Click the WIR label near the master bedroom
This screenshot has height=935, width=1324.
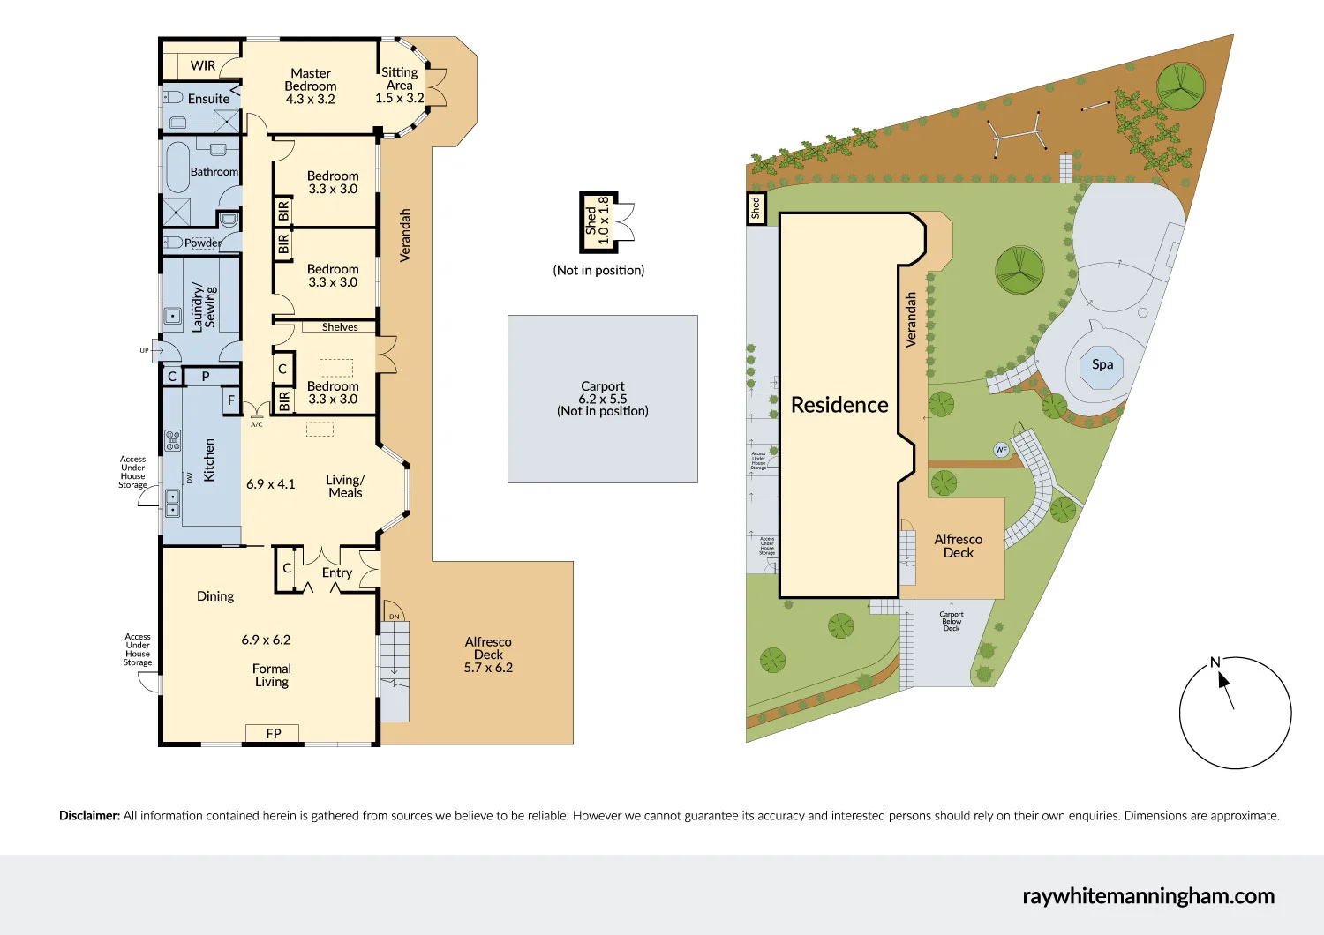pyautogui.click(x=202, y=65)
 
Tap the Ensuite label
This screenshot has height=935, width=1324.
pyautogui.click(x=208, y=99)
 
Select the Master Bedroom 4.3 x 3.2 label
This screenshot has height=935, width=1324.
pyautogui.click(x=311, y=86)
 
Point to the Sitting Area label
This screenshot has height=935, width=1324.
pyautogui.click(x=400, y=85)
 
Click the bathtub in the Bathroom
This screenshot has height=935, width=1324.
pyautogui.click(x=177, y=167)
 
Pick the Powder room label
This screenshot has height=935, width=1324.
pyautogui.click(x=203, y=243)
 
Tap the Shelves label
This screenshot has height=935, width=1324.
pyautogui.click(x=340, y=327)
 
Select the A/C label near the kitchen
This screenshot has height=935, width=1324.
pyautogui.click(x=256, y=424)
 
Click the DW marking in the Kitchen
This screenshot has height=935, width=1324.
pyautogui.click(x=189, y=477)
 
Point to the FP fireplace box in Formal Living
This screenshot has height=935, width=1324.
pyautogui.click(x=274, y=733)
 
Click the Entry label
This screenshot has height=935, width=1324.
pyautogui.click(x=337, y=572)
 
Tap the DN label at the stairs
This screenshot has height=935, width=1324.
pyautogui.click(x=395, y=617)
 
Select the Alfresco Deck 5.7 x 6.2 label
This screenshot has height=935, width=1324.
pyautogui.click(x=488, y=654)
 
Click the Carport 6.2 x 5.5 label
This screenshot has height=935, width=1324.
pyautogui.click(x=603, y=399)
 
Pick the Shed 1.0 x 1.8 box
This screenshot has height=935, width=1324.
pyautogui.click(x=598, y=221)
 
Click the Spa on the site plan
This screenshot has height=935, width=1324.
pyautogui.click(x=1102, y=364)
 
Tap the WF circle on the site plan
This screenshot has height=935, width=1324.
pyautogui.click(x=1001, y=450)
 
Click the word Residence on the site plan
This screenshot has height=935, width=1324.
pyautogui.click(x=839, y=405)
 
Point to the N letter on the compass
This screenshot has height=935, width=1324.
pyautogui.click(x=1215, y=662)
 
